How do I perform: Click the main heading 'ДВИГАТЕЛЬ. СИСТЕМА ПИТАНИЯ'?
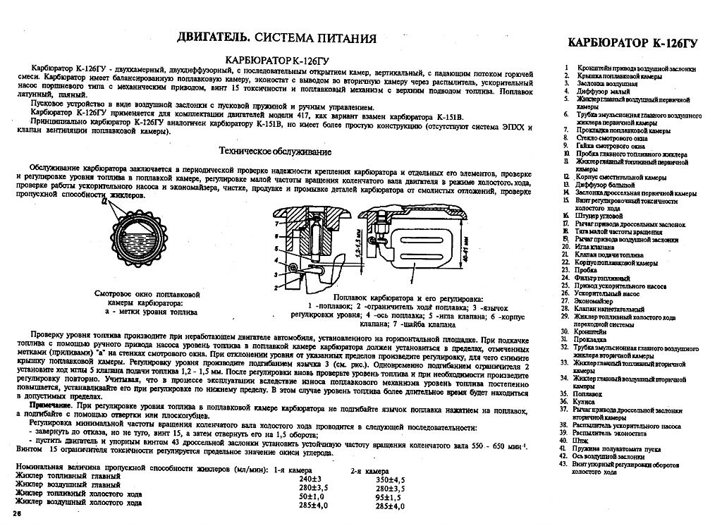pyautogui.click(x=276, y=37)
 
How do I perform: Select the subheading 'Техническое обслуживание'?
pyautogui.click(x=275, y=152)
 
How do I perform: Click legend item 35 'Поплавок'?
pyautogui.click(x=587, y=393)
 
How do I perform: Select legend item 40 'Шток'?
pyautogui.click(x=582, y=440)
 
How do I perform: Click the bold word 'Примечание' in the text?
pyautogui.click(x=55, y=408)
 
